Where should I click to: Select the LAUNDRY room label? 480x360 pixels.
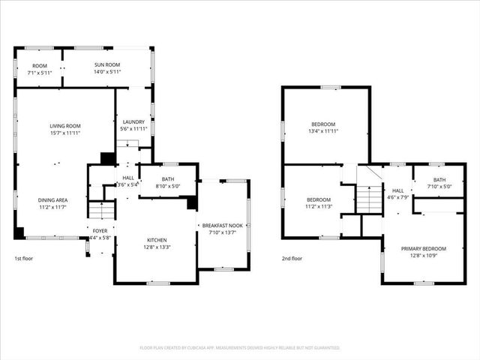[133, 122]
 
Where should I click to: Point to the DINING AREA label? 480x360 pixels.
[53, 200]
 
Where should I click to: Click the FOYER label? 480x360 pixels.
[100, 231]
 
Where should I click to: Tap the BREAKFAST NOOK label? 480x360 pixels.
[223, 225]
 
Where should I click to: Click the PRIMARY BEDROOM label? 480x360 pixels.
[424, 248]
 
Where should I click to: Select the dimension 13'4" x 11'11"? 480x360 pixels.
[323, 131]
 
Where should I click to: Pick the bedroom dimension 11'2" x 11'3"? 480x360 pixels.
[319, 207]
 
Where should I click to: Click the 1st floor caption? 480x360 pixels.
[24, 259]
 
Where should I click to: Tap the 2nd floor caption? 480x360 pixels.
[292, 259]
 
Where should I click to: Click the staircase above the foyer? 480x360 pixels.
[100, 211]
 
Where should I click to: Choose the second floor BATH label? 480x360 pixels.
[439, 179]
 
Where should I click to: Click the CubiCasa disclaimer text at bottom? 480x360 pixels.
[240, 348]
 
